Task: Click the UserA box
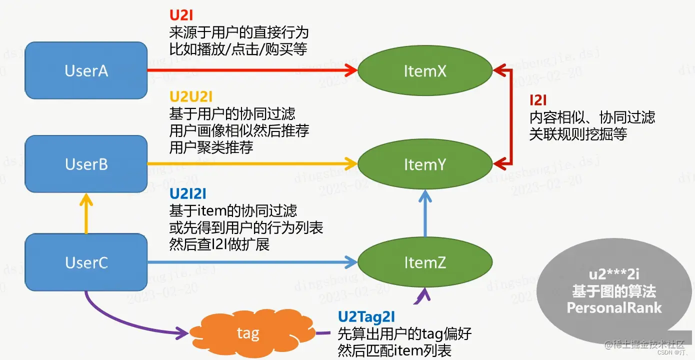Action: pyautogui.click(x=86, y=70)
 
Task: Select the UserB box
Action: pyautogui.click(x=86, y=164)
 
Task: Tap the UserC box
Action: pyautogui.click(x=86, y=262)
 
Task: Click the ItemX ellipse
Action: pyautogui.click(x=424, y=71)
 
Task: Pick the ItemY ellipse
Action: pyautogui.click(x=424, y=164)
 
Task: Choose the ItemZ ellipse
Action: pyautogui.click(x=424, y=262)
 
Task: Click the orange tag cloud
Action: pyautogui.click(x=248, y=333)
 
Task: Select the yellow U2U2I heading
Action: pyautogui.click(x=191, y=96)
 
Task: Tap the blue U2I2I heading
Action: pyautogui.click(x=188, y=193)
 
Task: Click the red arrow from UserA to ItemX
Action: pyautogui.click(x=250, y=70)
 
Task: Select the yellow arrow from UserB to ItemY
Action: pyautogui.click(x=250, y=163)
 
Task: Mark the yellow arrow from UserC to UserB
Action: pyautogui.click(x=86, y=215)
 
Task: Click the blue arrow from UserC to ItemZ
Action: pyautogui.click(x=250, y=261)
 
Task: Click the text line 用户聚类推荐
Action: pyautogui.click(x=211, y=147)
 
